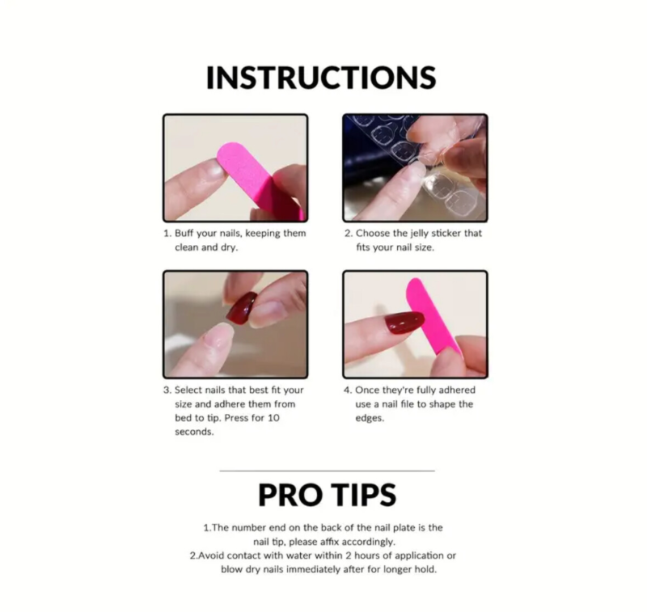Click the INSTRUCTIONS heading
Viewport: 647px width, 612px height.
[321, 78]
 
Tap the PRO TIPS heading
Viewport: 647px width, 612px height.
[327, 495]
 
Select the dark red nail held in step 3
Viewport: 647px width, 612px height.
[242, 308]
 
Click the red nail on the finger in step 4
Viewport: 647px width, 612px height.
[404, 323]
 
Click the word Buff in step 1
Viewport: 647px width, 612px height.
[184, 233]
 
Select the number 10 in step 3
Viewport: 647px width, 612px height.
[273, 418]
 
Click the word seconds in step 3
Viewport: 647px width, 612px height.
[194, 432]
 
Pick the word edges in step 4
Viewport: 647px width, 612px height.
[370, 419]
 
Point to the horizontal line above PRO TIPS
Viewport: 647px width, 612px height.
[328, 471]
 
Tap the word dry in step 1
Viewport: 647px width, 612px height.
[229, 248]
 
